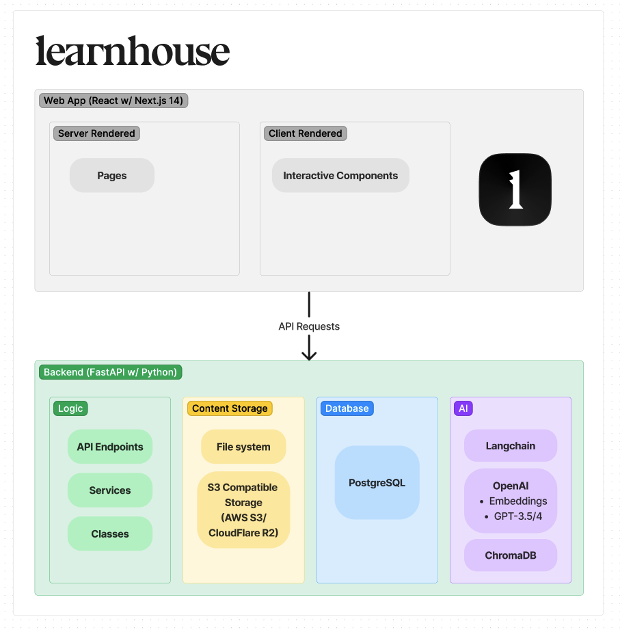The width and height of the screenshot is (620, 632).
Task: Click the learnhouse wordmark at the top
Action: pyautogui.click(x=133, y=51)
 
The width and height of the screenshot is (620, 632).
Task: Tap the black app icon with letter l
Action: pyautogui.click(x=515, y=190)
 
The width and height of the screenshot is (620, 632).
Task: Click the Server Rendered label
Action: pyautogui.click(x=96, y=133)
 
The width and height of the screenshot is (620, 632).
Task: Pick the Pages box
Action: pyautogui.click(x=112, y=176)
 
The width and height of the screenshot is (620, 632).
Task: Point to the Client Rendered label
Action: pyautogui.click(x=305, y=133)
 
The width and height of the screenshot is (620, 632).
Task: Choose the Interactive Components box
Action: pyautogui.click(x=340, y=176)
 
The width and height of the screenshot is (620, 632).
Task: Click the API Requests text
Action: pyautogui.click(x=309, y=326)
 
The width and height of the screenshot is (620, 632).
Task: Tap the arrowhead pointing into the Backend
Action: pyautogui.click(x=309, y=354)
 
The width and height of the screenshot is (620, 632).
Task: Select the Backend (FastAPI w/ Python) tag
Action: pyautogui.click(x=110, y=372)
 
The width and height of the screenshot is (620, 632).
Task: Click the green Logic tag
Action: pyautogui.click(x=70, y=408)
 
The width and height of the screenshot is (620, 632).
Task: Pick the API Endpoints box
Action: pyautogui.click(x=110, y=447)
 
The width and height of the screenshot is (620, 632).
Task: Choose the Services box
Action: pyautogui.click(x=110, y=490)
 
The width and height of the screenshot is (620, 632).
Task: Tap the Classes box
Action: pyautogui.click(x=110, y=534)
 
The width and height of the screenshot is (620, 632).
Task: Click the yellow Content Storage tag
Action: pyautogui.click(x=230, y=408)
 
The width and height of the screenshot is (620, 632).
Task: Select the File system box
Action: pyautogui.click(x=243, y=447)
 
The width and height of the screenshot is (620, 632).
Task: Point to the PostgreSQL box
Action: pyautogui.click(x=377, y=482)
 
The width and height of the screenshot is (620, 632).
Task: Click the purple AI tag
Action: pyautogui.click(x=463, y=408)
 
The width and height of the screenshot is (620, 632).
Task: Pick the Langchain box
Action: pyautogui.click(x=511, y=446)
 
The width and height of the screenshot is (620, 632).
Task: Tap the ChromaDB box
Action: pyautogui.click(x=511, y=555)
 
